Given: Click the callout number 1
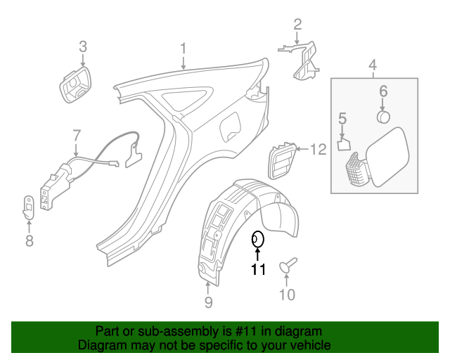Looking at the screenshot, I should coord(183,49).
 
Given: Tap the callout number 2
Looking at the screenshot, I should coord(297,25).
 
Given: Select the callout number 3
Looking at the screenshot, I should coord(82,47).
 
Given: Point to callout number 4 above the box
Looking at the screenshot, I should coord(373,66).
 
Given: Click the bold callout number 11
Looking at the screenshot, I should coord(258,269).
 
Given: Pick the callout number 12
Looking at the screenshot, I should coord(319,149).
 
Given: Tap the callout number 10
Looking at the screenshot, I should coord(288,295).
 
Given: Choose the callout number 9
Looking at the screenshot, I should coord(208,302).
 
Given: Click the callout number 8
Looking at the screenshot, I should coord(29,241).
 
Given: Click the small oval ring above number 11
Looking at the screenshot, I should coord(258,239).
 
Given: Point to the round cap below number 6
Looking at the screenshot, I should coord(384,116).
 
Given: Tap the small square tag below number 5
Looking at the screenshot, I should coord(342,144).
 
